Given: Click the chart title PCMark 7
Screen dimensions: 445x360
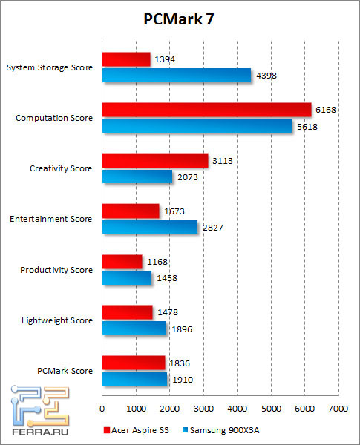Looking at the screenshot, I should click(180, 19).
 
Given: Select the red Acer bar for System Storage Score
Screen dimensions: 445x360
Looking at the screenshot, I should click(125, 59).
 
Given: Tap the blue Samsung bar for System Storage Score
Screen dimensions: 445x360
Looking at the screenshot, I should click(176, 75).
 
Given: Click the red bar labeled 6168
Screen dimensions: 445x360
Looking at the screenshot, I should click(206, 110).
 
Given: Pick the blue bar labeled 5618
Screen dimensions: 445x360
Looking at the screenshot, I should click(197, 125).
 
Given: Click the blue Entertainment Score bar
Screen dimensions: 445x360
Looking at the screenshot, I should click(149, 226).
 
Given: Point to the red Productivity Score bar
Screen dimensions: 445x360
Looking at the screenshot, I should click(121, 261).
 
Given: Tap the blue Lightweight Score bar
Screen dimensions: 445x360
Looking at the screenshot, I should click(134, 327).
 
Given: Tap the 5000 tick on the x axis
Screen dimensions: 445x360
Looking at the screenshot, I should click(271, 409).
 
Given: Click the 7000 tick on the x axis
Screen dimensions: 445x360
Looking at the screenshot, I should click(338, 409).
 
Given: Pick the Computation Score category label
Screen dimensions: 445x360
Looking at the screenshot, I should click(54, 118).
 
